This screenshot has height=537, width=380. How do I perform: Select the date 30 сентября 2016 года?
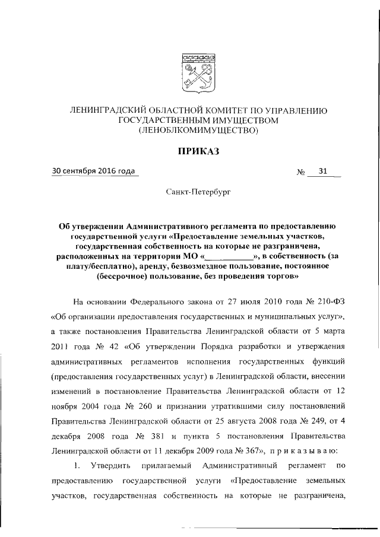(x=94, y=171)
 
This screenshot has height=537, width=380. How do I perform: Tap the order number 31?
(x=323, y=172)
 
